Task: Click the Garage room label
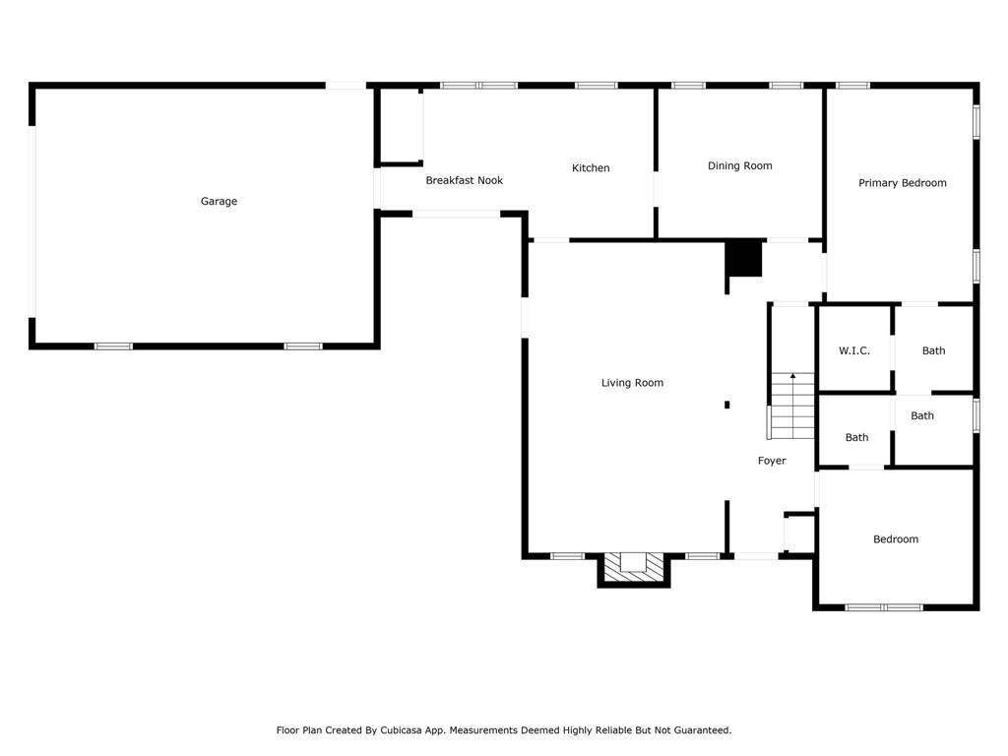tap(219, 202)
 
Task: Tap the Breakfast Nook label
tap(464, 181)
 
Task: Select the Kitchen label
tap(591, 168)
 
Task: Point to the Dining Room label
tap(739, 166)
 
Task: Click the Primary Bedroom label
tap(902, 183)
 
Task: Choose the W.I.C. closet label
tap(853, 351)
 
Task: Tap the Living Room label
tap(632, 383)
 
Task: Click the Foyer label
tap(772, 461)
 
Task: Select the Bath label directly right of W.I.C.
tap(933, 351)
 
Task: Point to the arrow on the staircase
tap(792, 377)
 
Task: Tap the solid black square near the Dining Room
tap(744, 259)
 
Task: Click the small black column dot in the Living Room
tap(727, 404)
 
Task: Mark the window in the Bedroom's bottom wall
tap(883, 607)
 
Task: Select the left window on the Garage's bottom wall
tap(113, 346)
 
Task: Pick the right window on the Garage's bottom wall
tap(303, 346)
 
